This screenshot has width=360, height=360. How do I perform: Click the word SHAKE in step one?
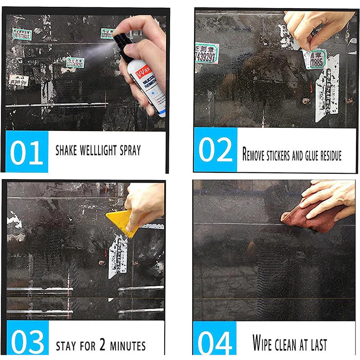tap(66, 150)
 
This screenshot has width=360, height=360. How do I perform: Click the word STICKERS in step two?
tap(274, 155)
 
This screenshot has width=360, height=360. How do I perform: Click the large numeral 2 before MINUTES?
tap(103, 345)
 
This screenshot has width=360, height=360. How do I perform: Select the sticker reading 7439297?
tap(207, 53)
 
